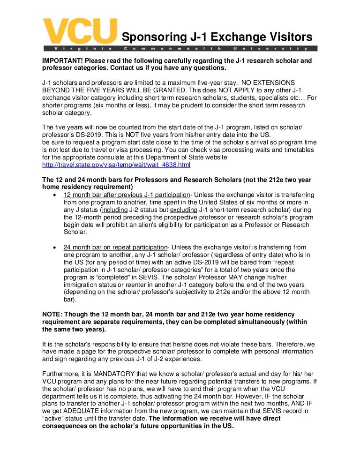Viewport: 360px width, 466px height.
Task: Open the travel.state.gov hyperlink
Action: [116, 165]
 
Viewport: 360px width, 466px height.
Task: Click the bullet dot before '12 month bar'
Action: [56, 195]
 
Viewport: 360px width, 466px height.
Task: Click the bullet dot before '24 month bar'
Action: [56, 248]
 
